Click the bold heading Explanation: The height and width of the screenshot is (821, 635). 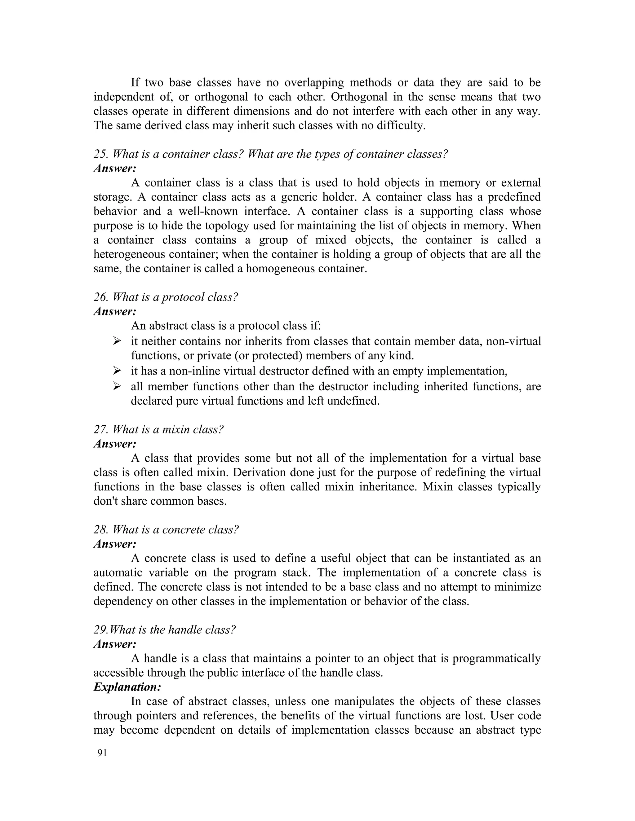click(127, 687)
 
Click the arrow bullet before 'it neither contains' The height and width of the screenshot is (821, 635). click(117, 341)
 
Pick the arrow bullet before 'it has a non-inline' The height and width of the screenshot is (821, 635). click(117, 371)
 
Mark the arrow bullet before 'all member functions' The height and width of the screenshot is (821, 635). click(117, 386)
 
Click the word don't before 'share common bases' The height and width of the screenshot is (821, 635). click(105, 501)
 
